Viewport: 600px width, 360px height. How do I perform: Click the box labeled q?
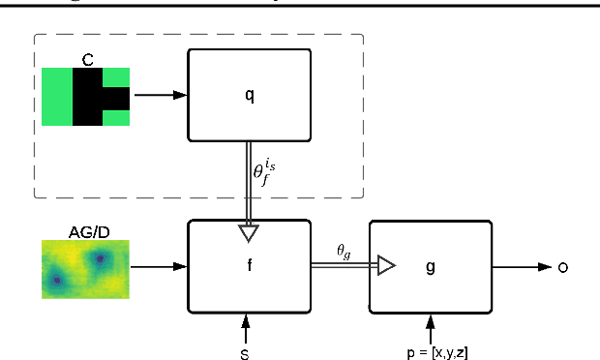(249, 96)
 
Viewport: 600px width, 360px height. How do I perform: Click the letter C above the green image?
(87, 60)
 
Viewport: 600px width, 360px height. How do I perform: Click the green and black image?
(86, 97)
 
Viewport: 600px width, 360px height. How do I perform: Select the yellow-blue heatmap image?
(85, 268)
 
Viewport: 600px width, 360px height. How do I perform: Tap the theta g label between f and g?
(344, 251)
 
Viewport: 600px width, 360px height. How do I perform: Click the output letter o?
(564, 266)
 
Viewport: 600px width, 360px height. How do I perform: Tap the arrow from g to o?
(523, 266)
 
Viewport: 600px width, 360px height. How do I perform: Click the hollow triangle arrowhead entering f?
(249, 232)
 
